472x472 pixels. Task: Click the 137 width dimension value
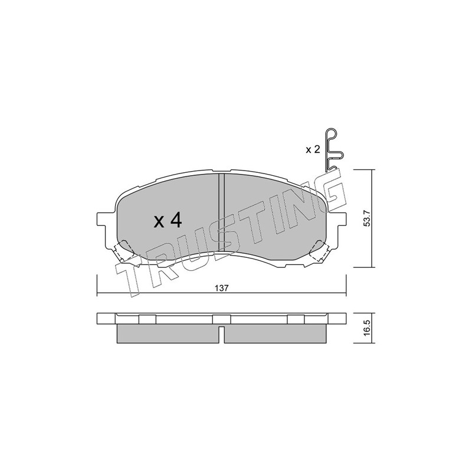(222, 288)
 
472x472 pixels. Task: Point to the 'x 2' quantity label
(313, 150)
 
